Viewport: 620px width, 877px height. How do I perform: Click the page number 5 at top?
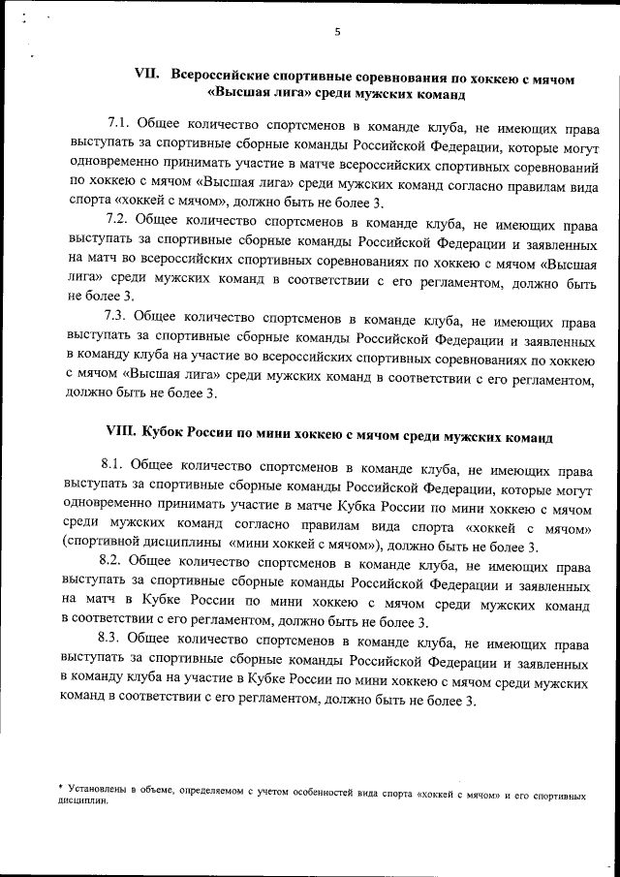click(x=336, y=32)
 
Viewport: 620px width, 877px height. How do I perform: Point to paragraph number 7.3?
click(x=116, y=315)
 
